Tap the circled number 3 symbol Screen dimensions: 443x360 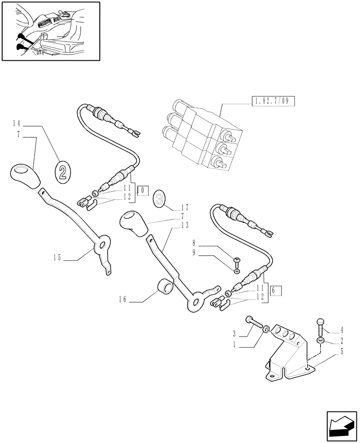click(160, 199)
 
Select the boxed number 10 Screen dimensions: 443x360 click(141, 190)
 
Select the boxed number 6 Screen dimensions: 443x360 click(274, 291)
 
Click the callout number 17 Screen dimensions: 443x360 click(185, 206)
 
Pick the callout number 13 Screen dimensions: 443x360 click(185, 225)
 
